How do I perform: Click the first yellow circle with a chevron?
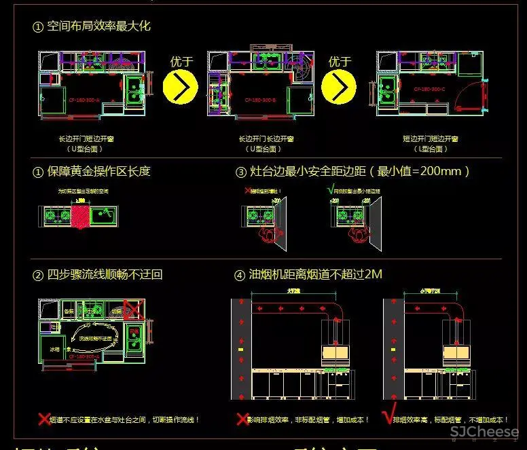180,87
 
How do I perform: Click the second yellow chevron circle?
339,87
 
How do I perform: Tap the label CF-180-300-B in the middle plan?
258,100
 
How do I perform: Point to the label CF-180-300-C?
429,90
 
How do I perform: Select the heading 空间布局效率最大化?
98,26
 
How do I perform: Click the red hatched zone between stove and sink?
81,217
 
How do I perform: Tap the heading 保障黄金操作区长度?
98,171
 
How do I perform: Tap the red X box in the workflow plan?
133,311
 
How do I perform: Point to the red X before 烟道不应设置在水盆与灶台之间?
44,419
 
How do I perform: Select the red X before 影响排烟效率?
241,419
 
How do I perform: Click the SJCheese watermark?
485,432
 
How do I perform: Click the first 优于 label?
181,61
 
